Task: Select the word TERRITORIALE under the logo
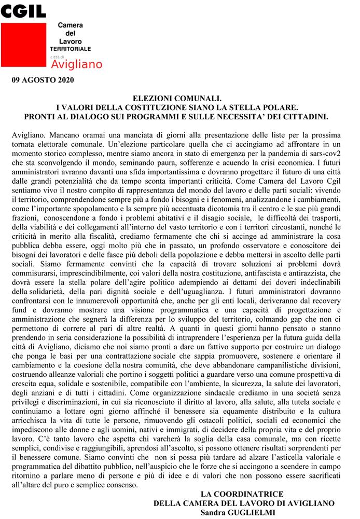[x=74, y=48]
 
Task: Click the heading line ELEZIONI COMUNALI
[x=177, y=97]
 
